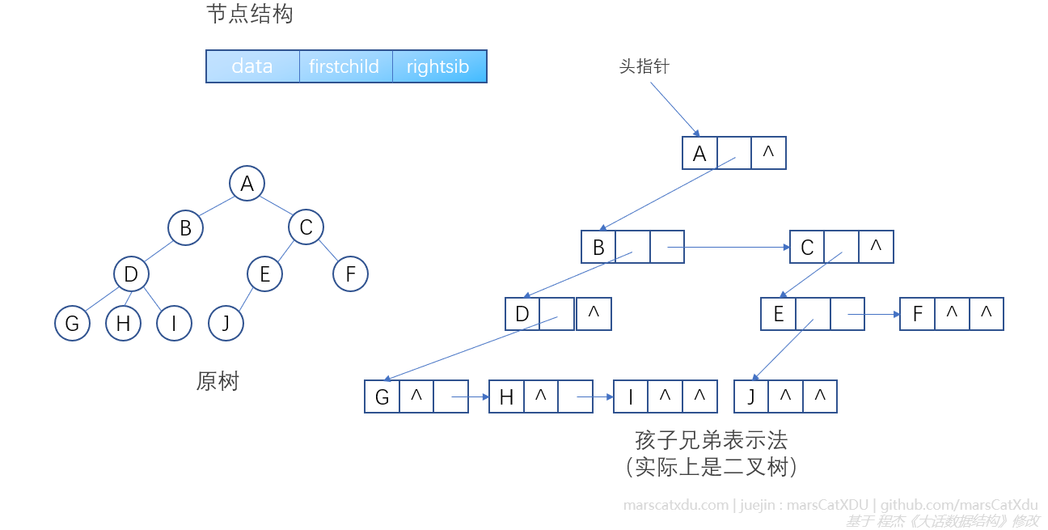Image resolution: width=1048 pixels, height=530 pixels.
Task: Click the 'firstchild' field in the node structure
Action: click(x=344, y=66)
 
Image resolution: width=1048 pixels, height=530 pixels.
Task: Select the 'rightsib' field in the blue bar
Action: click(x=438, y=66)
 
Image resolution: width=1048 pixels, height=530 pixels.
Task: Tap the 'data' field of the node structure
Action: click(x=252, y=66)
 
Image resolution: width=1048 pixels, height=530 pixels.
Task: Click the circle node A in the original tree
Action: click(x=247, y=184)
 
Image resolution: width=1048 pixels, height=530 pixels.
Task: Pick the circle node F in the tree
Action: click(x=350, y=274)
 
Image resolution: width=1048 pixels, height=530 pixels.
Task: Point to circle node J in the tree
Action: click(x=226, y=324)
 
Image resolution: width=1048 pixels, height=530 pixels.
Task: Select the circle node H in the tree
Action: click(x=123, y=324)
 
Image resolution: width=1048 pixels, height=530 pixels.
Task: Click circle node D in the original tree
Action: click(x=131, y=274)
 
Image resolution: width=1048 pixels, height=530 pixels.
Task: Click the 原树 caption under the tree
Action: click(x=218, y=381)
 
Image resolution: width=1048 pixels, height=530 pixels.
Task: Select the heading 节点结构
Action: click(x=250, y=15)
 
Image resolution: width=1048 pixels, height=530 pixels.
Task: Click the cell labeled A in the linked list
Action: click(x=700, y=153)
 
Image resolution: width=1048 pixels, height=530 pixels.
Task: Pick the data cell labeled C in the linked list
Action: click(x=807, y=247)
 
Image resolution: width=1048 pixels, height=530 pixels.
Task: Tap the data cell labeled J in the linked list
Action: click(x=751, y=396)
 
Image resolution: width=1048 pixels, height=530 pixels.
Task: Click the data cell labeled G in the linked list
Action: click(x=382, y=396)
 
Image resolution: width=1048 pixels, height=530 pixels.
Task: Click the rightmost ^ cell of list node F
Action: click(x=986, y=313)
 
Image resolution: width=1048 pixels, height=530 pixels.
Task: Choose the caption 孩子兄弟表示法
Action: click(x=711, y=440)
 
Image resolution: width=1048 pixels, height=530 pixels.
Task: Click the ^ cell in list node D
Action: click(x=594, y=313)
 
